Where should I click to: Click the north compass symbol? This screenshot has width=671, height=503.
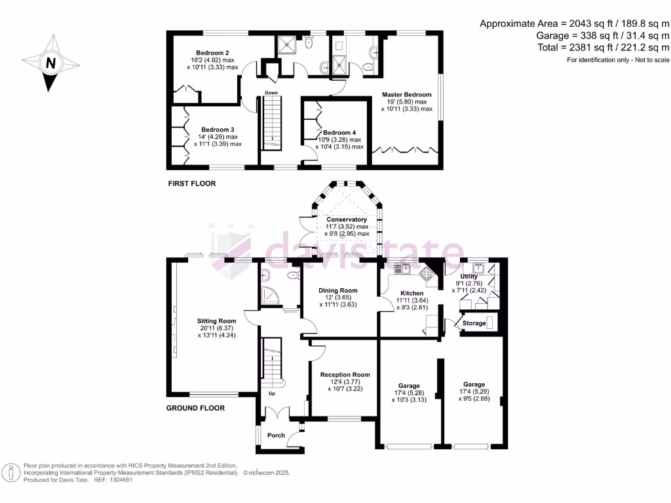[50, 64]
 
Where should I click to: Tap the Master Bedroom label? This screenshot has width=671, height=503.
[407, 94]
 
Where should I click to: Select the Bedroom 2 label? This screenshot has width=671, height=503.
[212, 52]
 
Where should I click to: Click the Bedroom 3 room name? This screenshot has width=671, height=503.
[218, 130]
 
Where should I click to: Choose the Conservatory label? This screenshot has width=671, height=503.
[347, 219]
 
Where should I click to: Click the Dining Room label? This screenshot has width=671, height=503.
[338, 290]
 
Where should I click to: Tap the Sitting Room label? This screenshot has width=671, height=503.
[216, 321]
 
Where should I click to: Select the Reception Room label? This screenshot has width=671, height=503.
[345, 375]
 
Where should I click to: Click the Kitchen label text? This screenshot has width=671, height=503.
[412, 293]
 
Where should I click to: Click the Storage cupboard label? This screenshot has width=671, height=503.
[474, 323]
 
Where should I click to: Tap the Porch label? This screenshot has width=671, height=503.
[276, 435]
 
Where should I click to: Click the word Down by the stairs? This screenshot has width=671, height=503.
[271, 93]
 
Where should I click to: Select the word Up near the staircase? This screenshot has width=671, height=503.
[272, 394]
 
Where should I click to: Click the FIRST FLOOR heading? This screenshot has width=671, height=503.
[191, 183]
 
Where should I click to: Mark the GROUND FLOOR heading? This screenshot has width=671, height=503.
[195, 408]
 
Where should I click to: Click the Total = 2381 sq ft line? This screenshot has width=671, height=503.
[603, 48]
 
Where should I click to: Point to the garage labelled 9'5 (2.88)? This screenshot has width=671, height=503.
[474, 384]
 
